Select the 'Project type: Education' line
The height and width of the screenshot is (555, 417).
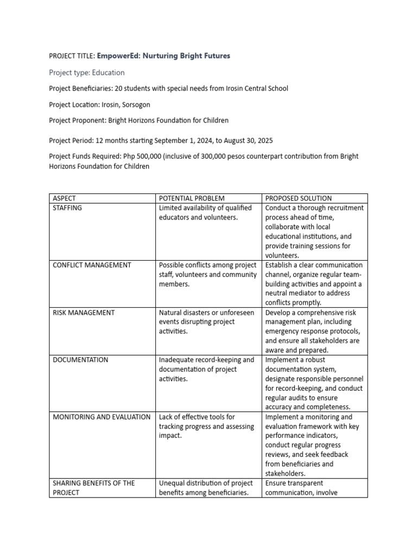pyautogui.click(x=87, y=73)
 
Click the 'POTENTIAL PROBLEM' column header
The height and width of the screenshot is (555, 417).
pyautogui.click(x=192, y=198)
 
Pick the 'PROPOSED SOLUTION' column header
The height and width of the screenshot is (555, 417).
pyautogui.click(x=299, y=198)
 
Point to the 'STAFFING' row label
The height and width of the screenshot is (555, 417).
pyautogui.click(x=67, y=208)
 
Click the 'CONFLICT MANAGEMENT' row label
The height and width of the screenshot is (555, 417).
pyautogui.click(x=92, y=265)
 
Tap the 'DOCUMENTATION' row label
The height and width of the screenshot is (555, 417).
pyautogui.click(x=80, y=360)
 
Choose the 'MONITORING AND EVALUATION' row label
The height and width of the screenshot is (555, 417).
pyautogui.click(x=102, y=417)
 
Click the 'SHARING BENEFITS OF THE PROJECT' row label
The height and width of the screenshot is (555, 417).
pyautogui.click(x=93, y=488)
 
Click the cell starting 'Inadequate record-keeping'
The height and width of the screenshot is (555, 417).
pyautogui.click(x=206, y=369)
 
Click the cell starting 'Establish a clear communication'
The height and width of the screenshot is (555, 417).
pyautogui.click(x=314, y=284)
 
